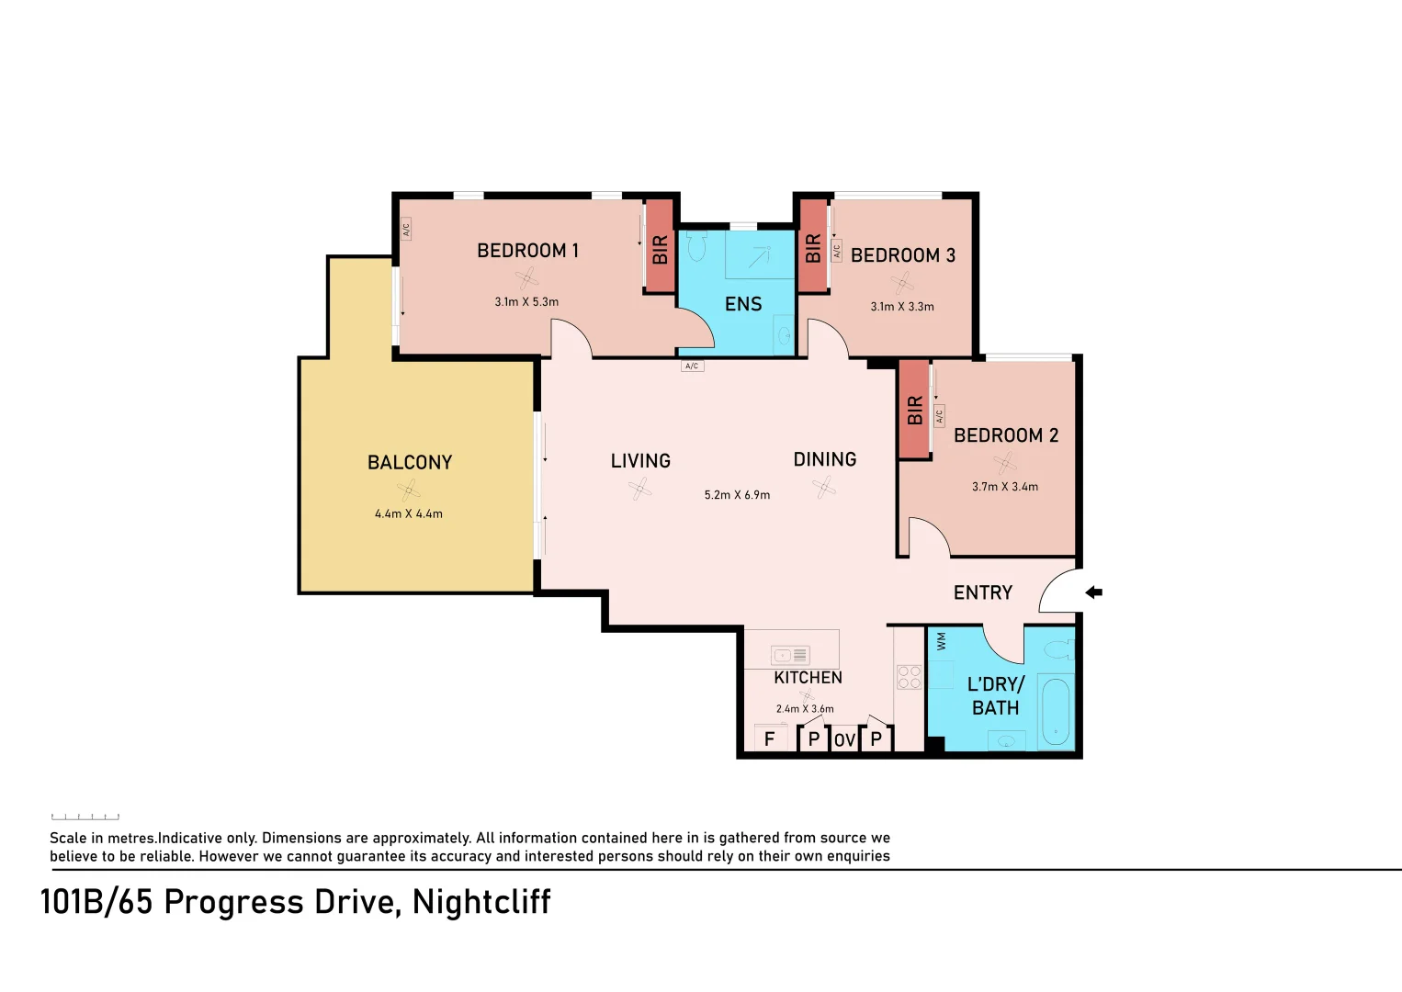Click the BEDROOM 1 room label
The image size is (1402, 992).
(x=527, y=251)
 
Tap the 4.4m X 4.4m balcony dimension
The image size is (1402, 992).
(x=408, y=514)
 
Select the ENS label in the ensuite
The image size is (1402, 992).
(x=743, y=304)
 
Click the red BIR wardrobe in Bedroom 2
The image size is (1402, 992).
(x=914, y=410)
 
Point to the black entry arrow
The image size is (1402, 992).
(x=1093, y=592)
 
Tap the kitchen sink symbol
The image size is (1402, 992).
(x=789, y=655)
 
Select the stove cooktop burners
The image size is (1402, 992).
(x=909, y=677)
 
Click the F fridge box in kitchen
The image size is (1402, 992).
(x=770, y=738)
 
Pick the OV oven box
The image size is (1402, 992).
(x=844, y=739)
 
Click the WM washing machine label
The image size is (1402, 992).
(x=941, y=641)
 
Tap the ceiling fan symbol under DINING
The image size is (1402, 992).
(x=825, y=488)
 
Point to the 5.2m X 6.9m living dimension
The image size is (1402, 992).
(x=737, y=495)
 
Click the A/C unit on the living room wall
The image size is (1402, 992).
(x=692, y=366)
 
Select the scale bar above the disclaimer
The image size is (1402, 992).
(x=85, y=816)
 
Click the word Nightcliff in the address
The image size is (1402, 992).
(x=481, y=902)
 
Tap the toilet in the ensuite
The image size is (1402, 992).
(x=695, y=246)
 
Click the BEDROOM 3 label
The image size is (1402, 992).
(x=902, y=255)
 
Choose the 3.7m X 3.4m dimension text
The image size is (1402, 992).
(x=1004, y=487)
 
